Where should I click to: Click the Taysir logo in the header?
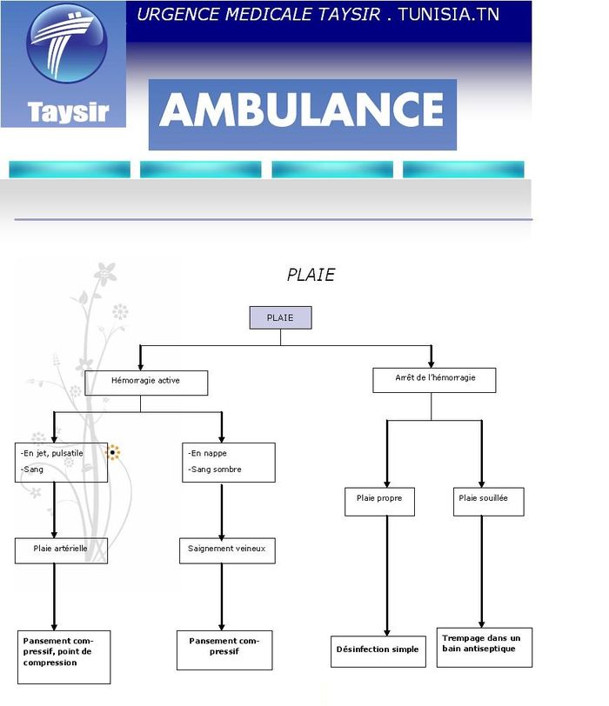pyautogui.click(x=64, y=64)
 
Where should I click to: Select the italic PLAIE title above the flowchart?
pyautogui.click(x=311, y=275)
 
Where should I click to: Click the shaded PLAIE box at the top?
pyautogui.click(x=280, y=318)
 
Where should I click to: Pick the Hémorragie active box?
pyautogui.click(x=146, y=383)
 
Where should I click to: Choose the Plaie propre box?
pyautogui.click(x=379, y=502)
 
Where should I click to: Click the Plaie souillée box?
pyautogui.click(x=488, y=501)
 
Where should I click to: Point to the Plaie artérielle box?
pyautogui.click(x=61, y=550)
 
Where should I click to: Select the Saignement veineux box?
pyautogui.click(x=227, y=550)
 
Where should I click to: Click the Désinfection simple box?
pyautogui.click(x=378, y=650)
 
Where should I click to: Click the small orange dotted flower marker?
pyautogui.click(x=113, y=452)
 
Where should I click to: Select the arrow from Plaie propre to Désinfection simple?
pyautogui.click(x=387, y=574)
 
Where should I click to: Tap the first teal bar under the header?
pyautogui.click(x=70, y=170)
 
